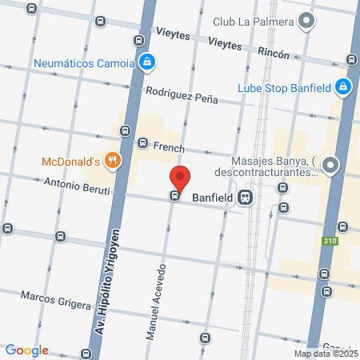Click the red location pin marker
pyautogui.click(x=180, y=178)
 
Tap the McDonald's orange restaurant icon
pyautogui.click(x=113, y=161)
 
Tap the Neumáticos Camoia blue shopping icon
pyautogui.click(x=146, y=61)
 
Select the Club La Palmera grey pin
pyautogui.click(x=306, y=22)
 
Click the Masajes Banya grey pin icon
pyautogui.click(x=330, y=166)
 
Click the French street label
pyautogui.click(x=169, y=148)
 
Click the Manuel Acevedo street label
pyautogui.click(x=157, y=301)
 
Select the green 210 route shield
pyautogui.click(x=331, y=241)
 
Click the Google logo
pyautogui.click(x=26, y=350)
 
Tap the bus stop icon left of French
pyautogui.click(x=142, y=143)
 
